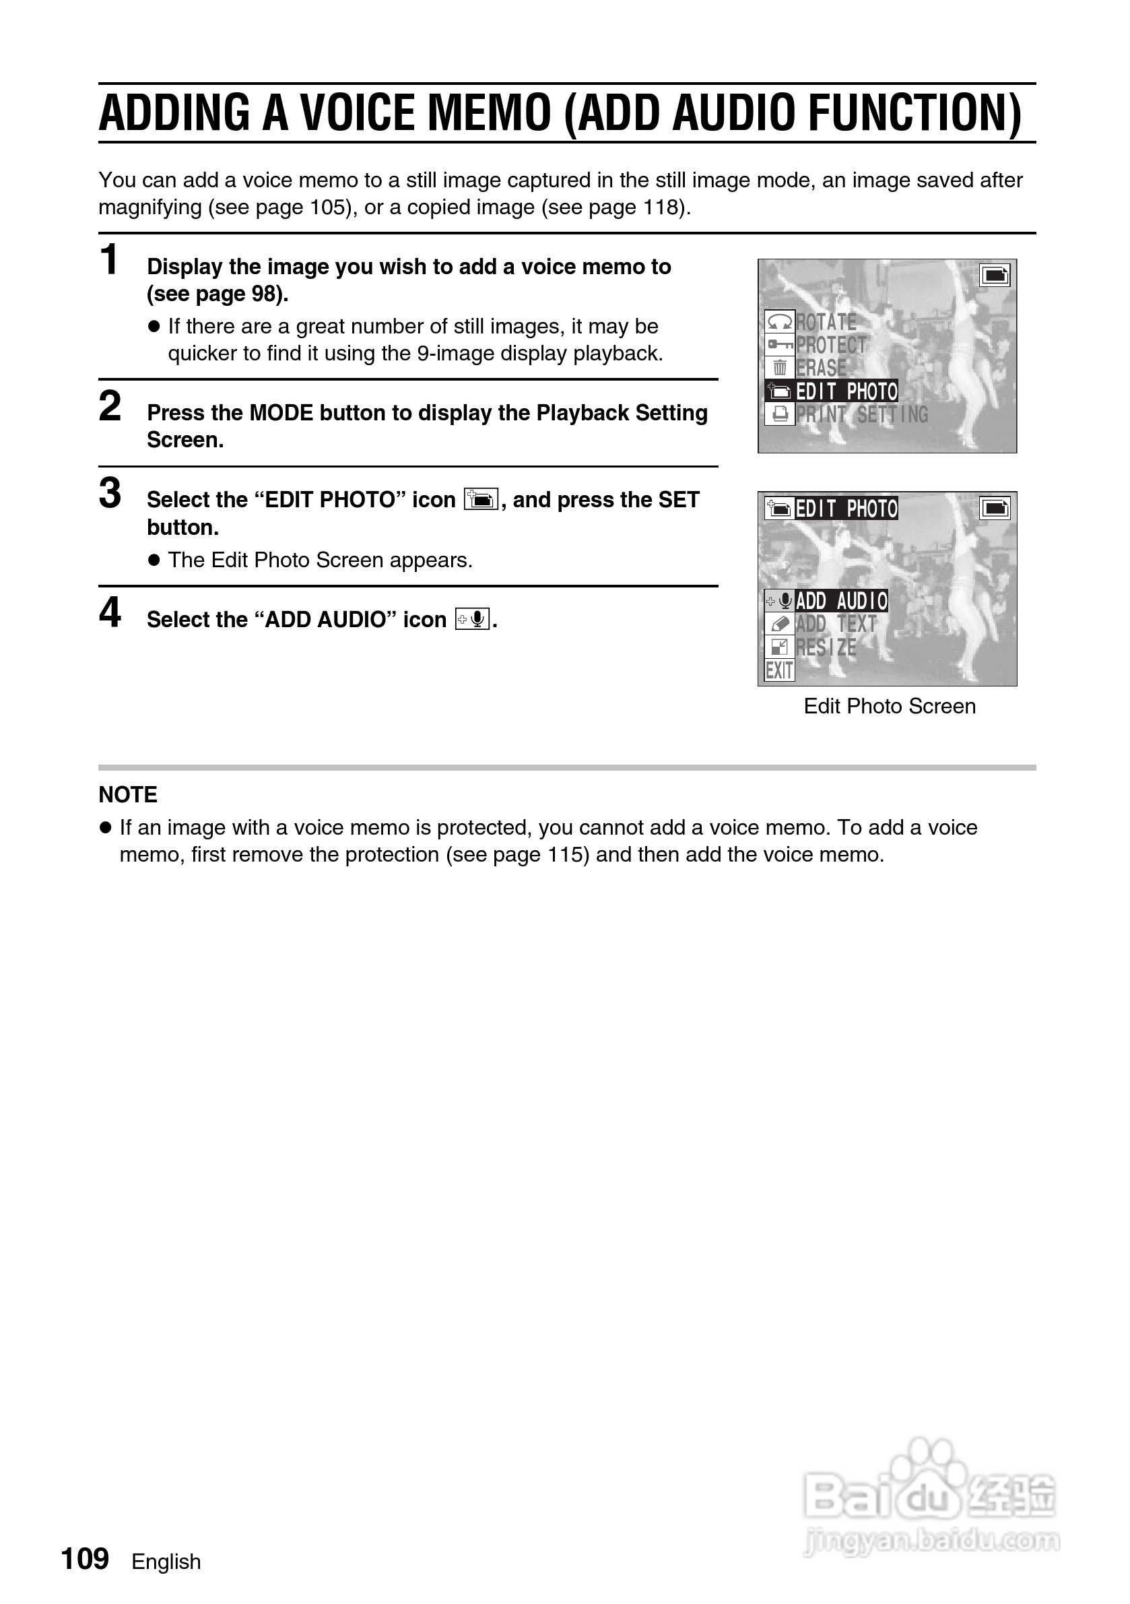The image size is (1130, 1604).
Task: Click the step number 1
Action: [109, 261]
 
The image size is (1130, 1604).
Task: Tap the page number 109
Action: [86, 1559]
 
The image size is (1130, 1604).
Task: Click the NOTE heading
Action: [128, 794]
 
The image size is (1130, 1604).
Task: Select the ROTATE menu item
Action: [826, 322]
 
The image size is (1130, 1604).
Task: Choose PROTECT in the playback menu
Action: [830, 345]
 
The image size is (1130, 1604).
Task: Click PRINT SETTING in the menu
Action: [862, 414]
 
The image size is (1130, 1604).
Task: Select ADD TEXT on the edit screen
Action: [836, 624]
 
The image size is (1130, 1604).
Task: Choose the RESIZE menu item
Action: [826, 647]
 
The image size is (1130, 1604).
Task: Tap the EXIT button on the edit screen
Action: [778, 671]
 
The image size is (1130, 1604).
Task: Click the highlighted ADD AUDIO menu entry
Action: [841, 601]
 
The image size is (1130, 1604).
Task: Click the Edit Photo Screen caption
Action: [889, 706]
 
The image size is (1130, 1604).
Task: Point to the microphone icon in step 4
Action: [472, 619]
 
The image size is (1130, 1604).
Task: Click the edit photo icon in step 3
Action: [481, 499]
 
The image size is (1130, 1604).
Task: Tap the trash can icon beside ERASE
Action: [779, 367]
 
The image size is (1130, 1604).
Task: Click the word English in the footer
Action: [166, 1562]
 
